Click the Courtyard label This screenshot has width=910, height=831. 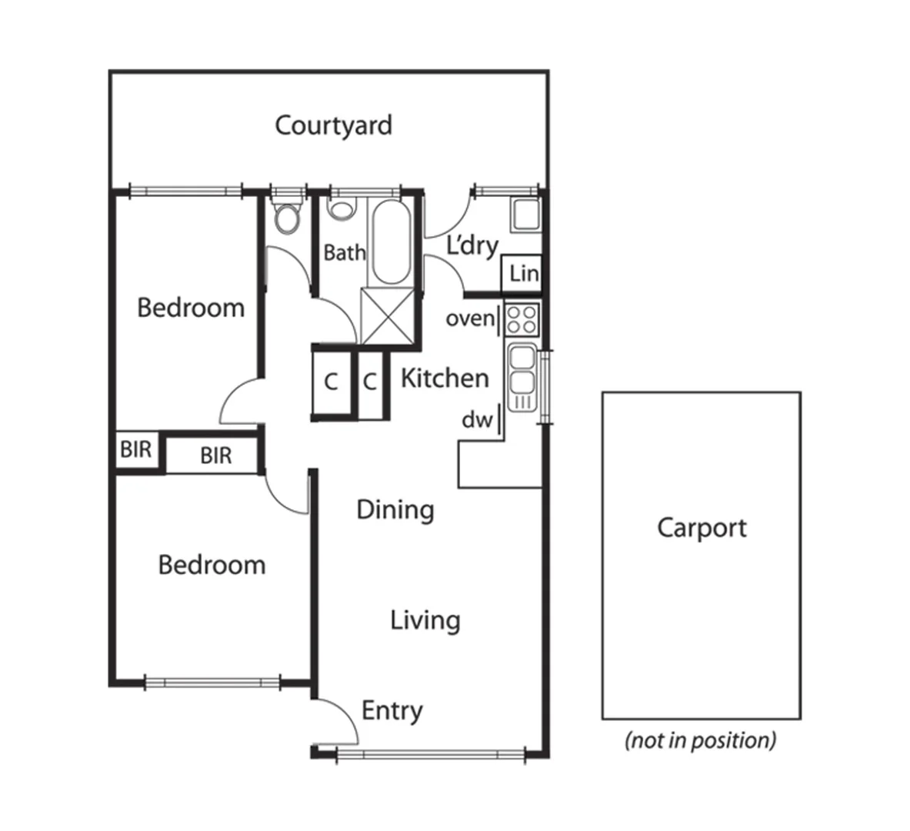pyautogui.click(x=333, y=125)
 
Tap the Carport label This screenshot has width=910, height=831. pyautogui.click(x=702, y=528)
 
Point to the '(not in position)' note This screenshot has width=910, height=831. pyautogui.click(x=700, y=740)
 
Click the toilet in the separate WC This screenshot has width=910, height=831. pyautogui.click(x=288, y=219)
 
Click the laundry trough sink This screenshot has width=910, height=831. pyautogui.click(x=527, y=215)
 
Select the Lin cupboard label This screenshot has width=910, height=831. pyautogui.click(x=523, y=273)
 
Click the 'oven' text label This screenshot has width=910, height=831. pyautogui.click(x=470, y=318)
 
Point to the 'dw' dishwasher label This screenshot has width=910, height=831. pyautogui.click(x=476, y=420)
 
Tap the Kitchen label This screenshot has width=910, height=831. pyautogui.click(x=445, y=379)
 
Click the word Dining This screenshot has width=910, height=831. pyautogui.click(x=395, y=509)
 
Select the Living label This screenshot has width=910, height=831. pyautogui.click(x=425, y=620)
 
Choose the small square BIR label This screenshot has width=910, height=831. pyautogui.click(x=135, y=449)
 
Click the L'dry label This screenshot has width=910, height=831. pyautogui.click(x=472, y=246)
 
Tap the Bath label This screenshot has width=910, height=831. pyautogui.click(x=344, y=252)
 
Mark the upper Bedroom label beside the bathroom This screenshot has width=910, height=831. pyautogui.click(x=190, y=308)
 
